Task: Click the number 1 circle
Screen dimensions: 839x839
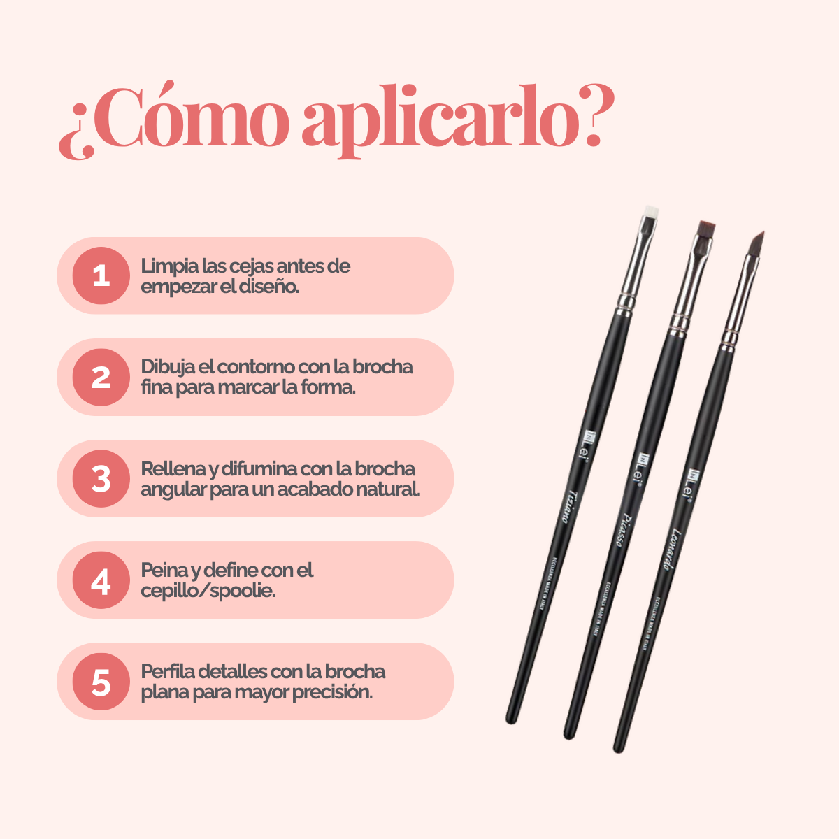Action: pos(101,275)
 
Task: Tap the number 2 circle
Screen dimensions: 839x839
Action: pos(101,378)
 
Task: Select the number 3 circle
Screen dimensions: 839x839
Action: pos(101,479)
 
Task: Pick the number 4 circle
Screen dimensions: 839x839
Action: pos(101,580)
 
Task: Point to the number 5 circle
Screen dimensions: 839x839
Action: pos(101,682)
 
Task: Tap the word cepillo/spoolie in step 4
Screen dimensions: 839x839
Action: pos(208,591)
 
